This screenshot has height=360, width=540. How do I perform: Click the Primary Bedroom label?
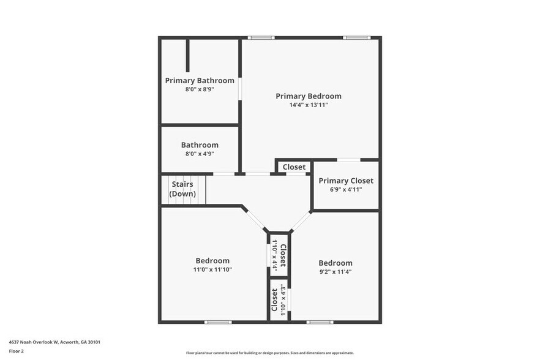(309, 96)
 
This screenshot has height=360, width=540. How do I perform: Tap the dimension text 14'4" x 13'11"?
(309, 105)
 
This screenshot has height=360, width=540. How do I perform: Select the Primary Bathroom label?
(200, 80)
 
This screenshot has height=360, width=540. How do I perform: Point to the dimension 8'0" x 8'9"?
(200, 89)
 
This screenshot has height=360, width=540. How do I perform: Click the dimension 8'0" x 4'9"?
(200, 154)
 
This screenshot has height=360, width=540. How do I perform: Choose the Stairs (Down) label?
(182, 189)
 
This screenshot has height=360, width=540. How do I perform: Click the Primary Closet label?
(346, 181)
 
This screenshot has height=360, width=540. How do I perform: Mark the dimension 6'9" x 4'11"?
(346, 190)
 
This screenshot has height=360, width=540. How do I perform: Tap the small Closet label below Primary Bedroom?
(294, 167)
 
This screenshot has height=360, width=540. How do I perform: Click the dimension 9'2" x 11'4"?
(335, 272)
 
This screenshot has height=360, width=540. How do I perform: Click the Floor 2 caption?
(16, 351)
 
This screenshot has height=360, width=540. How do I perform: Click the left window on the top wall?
(261, 38)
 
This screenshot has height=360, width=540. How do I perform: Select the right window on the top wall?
(356, 38)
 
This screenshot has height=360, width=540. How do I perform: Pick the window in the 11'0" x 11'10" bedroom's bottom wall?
(218, 321)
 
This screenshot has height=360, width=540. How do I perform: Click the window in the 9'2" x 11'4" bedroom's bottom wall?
(320, 321)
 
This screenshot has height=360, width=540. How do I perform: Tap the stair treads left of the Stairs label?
(165, 189)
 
